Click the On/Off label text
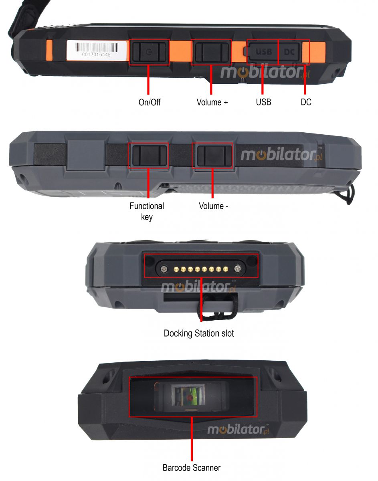[149, 102]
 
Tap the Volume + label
[212, 102]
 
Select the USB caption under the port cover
[263, 102]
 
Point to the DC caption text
[306, 102]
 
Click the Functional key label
[147, 211]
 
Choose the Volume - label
[213, 206]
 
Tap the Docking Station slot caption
[198, 333]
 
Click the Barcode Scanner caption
[191, 467]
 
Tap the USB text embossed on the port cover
[264, 52]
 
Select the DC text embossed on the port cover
[289, 52]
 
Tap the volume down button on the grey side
[212, 156]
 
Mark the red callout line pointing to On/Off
[149, 80]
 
